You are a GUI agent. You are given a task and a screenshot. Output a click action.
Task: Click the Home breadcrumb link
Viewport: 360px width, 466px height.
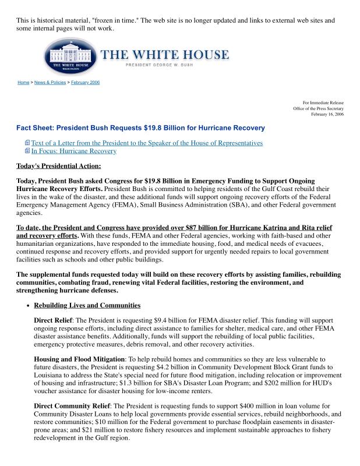pyautogui.click(x=23, y=83)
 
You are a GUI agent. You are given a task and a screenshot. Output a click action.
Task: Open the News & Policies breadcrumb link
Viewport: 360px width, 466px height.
pyautogui.click(x=50, y=83)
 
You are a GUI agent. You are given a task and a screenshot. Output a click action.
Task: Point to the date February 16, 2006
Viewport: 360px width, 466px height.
pyautogui.click(x=327, y=115)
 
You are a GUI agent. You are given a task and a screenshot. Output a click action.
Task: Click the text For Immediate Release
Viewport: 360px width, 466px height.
pyautogui.click(x=323, y=103)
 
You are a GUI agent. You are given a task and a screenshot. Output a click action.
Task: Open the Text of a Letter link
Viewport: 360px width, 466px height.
pyautogui.click(x=147, y=143)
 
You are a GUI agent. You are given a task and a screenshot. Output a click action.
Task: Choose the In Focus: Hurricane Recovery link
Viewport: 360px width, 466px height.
pyautogui.click(x=73, y=151)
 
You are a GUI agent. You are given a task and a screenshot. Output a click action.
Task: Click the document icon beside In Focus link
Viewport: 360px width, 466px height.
pyautogui.click(x=27, y=151)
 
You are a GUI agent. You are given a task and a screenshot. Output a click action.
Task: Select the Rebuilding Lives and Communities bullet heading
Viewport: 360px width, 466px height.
pyautogui.click(x=87, y=305)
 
